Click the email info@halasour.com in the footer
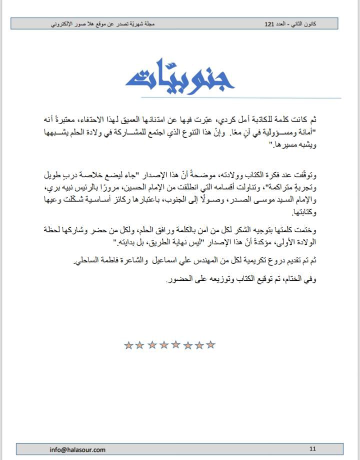click(77, 449)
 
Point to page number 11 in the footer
click(312, 449)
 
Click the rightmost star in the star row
click(211, 344)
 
